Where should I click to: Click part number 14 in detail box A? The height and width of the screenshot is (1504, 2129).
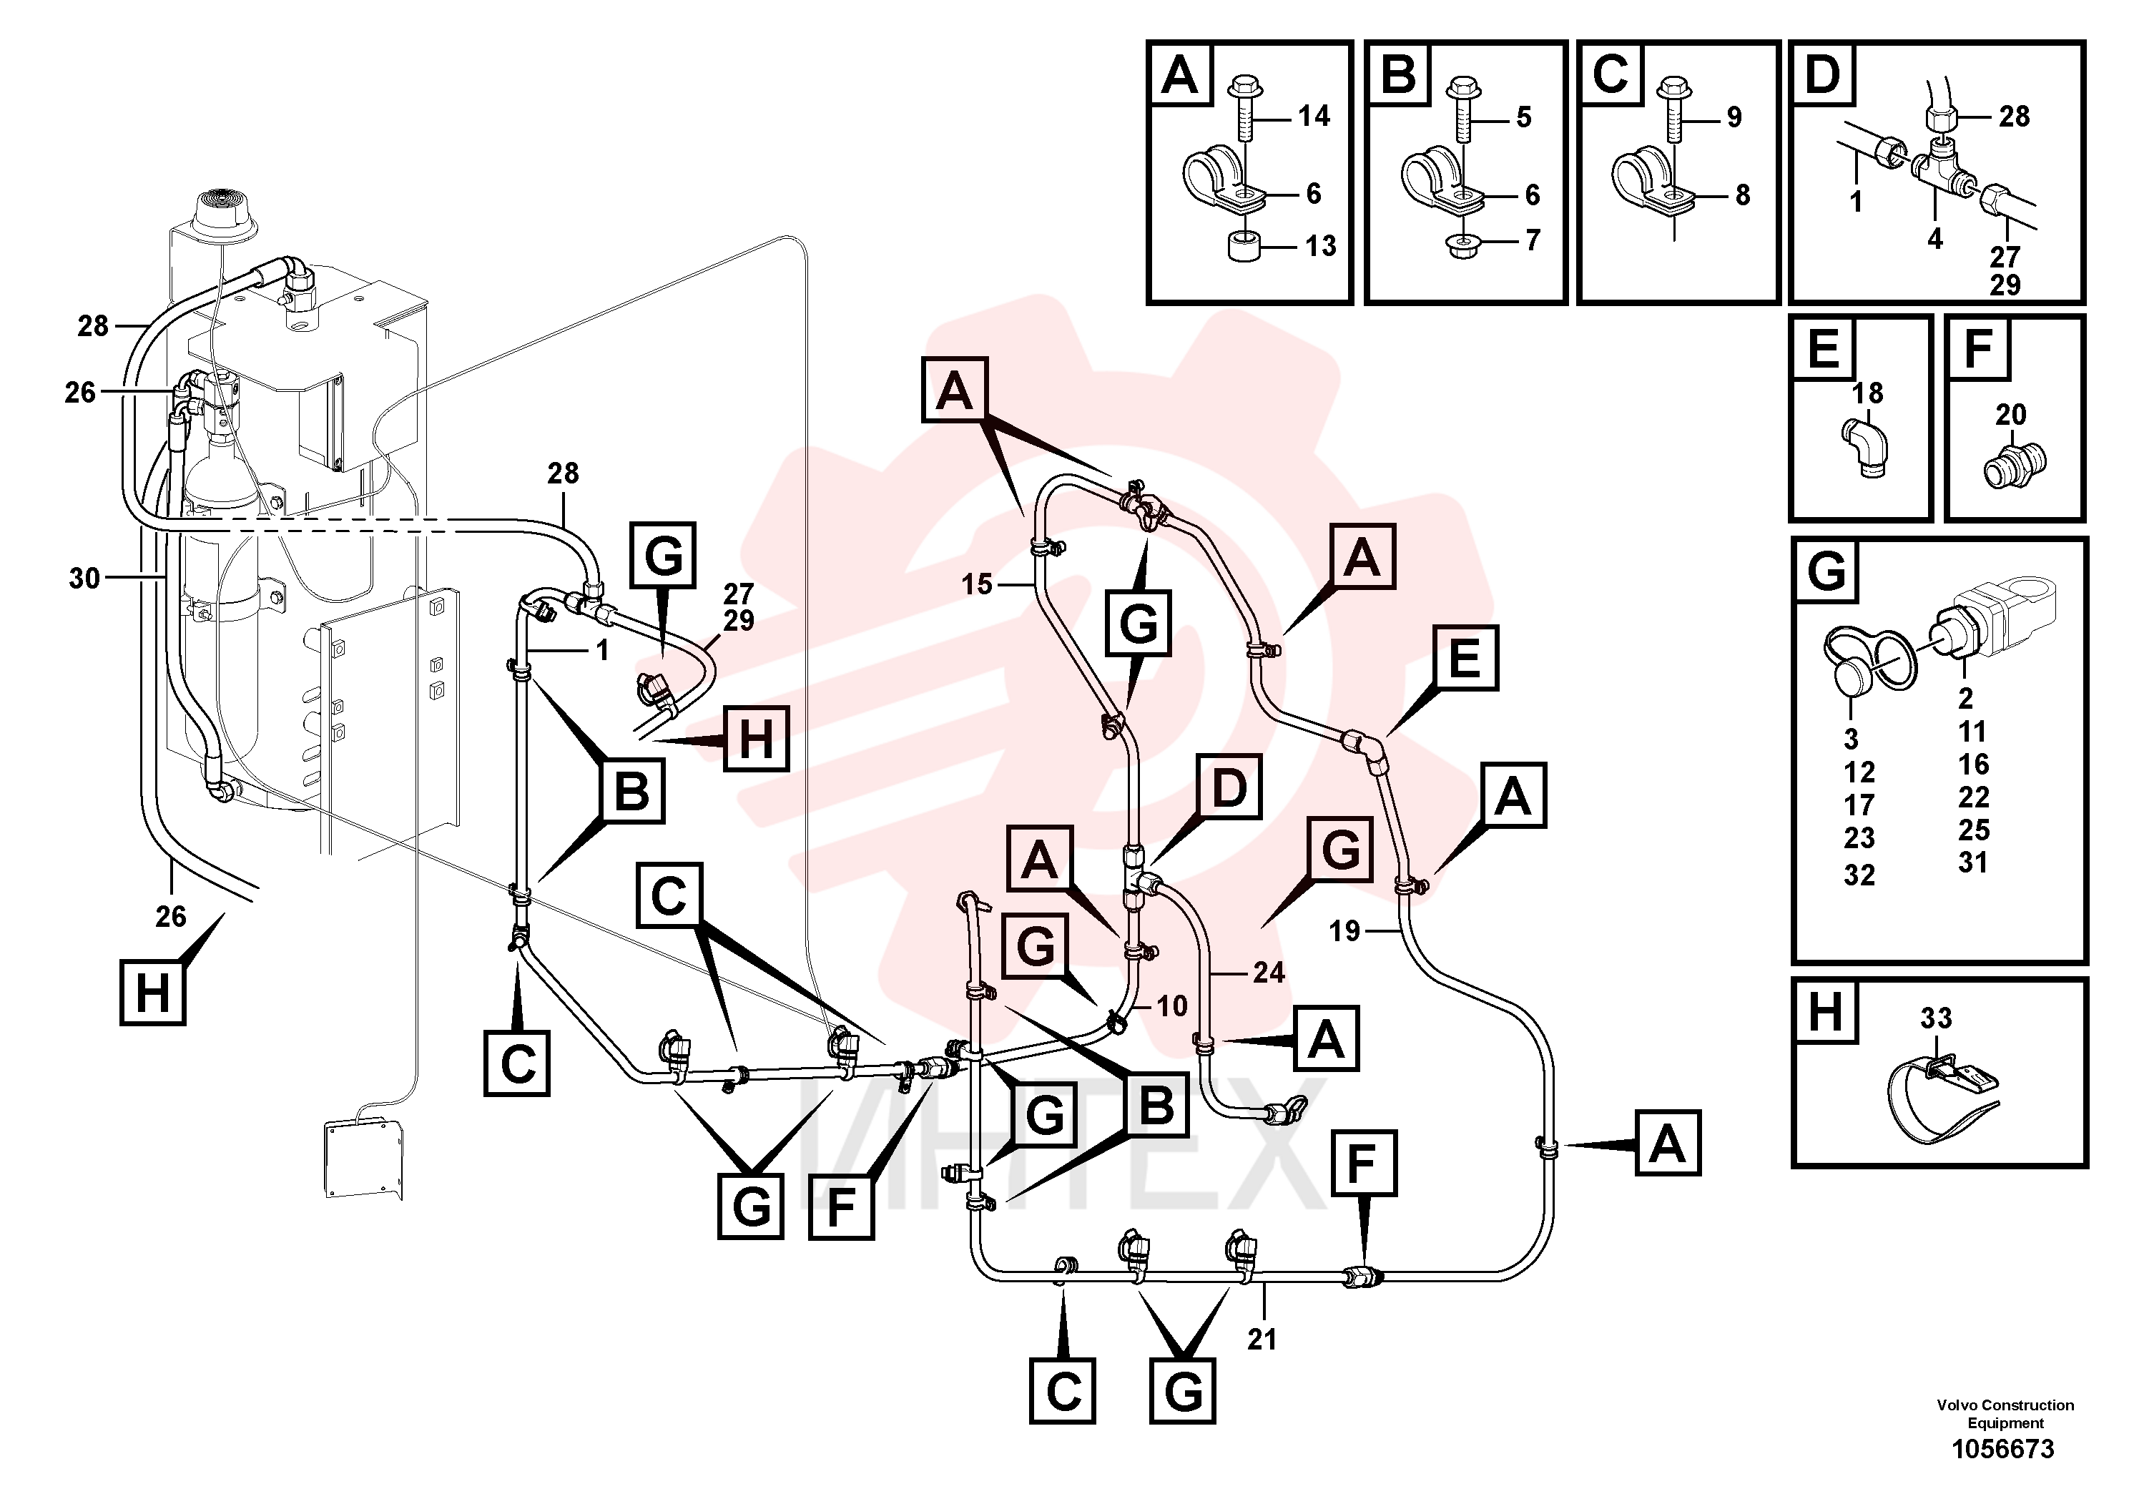[x=1313, y=116]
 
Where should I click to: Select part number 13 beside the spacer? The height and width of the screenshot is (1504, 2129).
[x=1320, y=246]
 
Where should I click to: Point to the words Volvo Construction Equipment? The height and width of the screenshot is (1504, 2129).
[x=2005, y=1413]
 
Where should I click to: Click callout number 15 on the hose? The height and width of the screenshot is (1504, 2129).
[x=976, y=584]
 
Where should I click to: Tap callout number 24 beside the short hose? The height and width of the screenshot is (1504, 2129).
[x=1269, y=972]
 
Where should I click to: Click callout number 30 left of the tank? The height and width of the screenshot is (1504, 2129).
[x=84, y=579]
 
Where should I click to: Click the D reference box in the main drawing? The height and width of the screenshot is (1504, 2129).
[x=1229, y=787]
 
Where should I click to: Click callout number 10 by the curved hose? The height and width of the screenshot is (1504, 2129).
[x=1172, y=1006]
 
